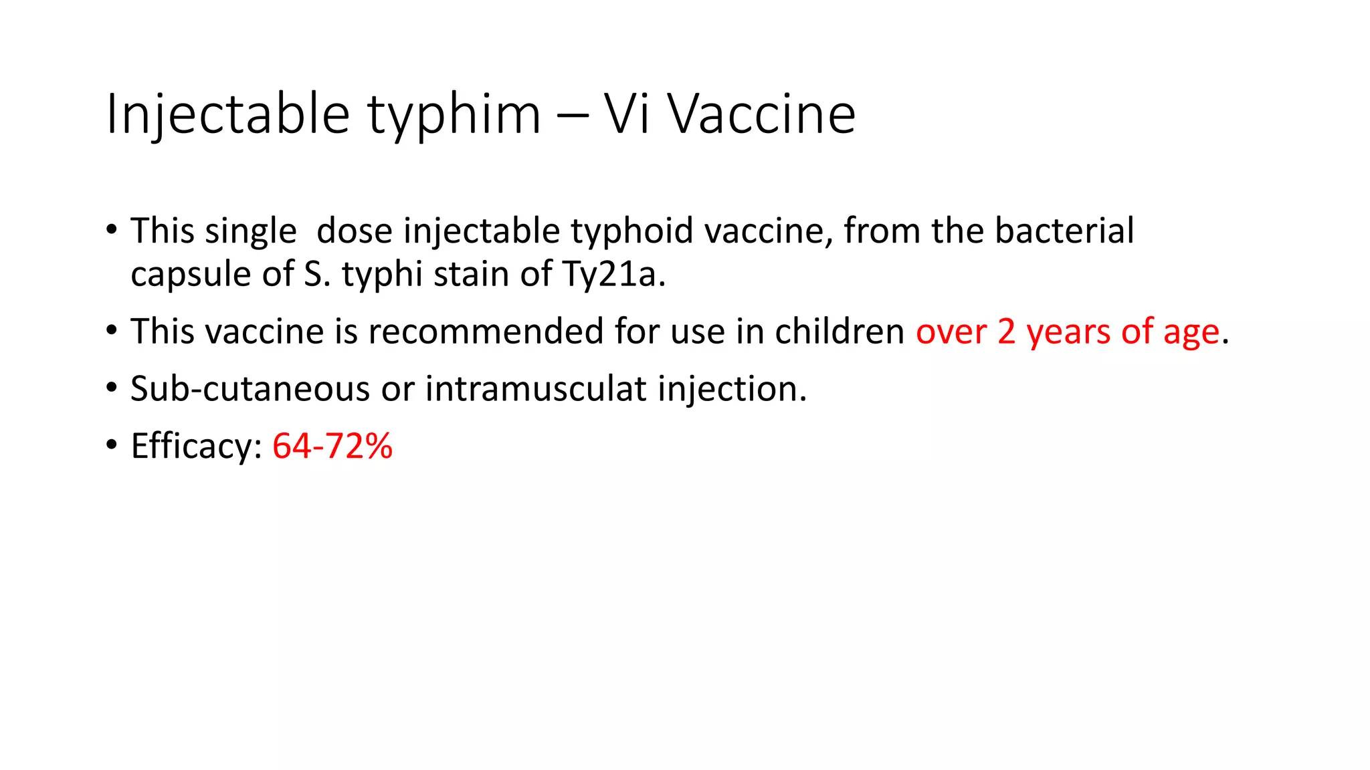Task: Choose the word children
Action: point(840,332)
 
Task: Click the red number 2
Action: point(1006,332)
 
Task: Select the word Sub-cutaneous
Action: point(250,389)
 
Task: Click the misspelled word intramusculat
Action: point(536,389)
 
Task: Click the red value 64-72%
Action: point(332,446)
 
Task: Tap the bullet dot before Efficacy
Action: point(112,445)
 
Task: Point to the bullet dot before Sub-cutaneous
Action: point(112,388)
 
